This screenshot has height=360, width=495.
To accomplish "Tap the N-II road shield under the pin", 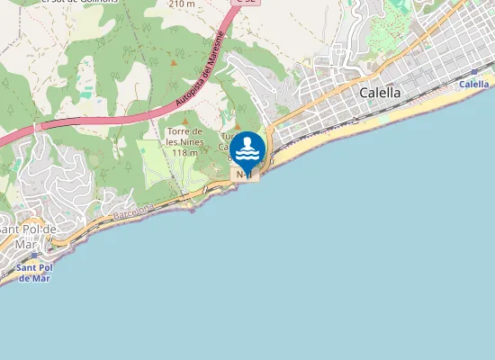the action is (x=243, y=175).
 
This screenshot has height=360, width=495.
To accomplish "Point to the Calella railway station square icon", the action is (x=474, y=71).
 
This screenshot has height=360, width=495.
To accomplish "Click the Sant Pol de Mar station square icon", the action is (x=34, y=256).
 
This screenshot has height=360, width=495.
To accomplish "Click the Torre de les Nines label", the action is (x=184, y=137).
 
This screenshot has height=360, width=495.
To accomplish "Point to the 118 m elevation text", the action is (x=184, y=153).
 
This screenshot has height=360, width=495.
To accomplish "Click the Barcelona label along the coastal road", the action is (x=135, y=213).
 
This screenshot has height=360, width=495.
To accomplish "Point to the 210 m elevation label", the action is (x=181, y=4).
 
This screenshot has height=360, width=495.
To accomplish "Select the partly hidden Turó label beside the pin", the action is (x=225, y=136).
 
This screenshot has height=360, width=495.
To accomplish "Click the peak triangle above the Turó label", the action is (x=238, y=125).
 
